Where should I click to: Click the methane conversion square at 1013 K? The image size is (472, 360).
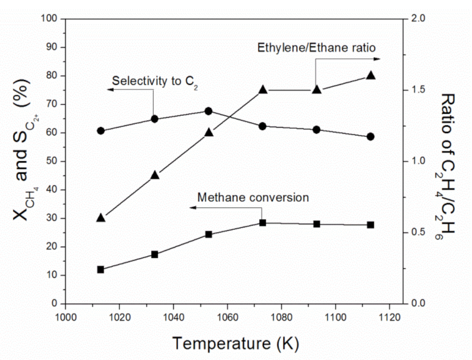(101, 269)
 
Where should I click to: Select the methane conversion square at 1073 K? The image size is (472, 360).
(263, 222)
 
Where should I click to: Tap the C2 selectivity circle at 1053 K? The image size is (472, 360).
(209, 111)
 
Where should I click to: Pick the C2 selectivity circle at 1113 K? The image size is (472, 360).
(370, 136)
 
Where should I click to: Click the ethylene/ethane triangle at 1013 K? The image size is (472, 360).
(101, 217)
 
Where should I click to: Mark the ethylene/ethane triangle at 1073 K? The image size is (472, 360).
(263, 89)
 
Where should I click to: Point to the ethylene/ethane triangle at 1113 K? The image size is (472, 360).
(370, 75)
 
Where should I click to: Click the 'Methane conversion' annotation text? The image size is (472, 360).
(253, 197)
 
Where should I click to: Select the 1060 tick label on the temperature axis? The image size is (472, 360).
(227, 316)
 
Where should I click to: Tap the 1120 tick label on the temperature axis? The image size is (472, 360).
(389, 316)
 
